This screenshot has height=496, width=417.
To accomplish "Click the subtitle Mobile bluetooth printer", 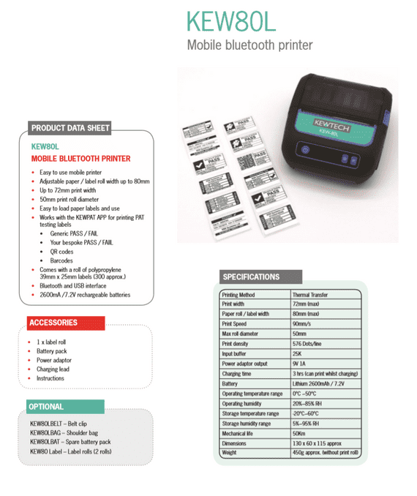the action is click(x=249, y=45).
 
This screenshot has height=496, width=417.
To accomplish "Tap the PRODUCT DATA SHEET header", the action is click(x=70, y=129).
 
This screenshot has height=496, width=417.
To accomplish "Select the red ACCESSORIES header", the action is click(x=53, y=323).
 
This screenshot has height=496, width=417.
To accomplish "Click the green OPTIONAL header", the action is click(x=46, y=407).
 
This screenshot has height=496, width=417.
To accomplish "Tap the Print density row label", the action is click(x=237, y=344).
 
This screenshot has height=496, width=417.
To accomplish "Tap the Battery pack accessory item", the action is click(x=52, y=351).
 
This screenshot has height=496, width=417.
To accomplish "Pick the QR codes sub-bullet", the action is click(x=61, y=251).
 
